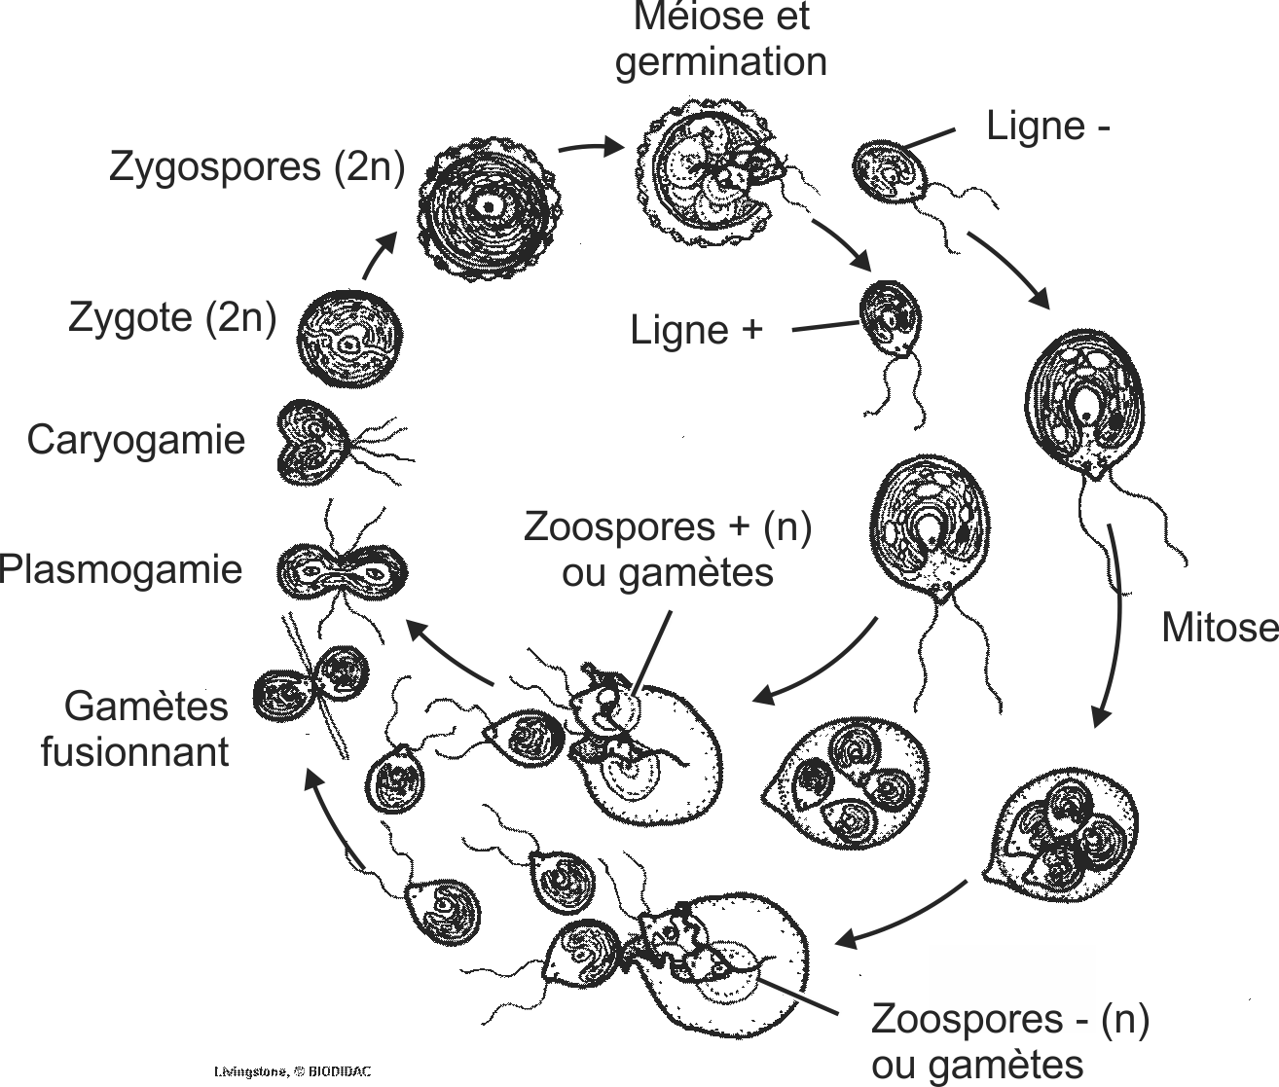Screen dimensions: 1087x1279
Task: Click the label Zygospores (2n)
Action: point(256,166)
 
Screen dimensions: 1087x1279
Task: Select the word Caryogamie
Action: point(136,440)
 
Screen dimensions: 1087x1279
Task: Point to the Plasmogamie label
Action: point(121,568)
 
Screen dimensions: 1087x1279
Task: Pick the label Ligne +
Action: point(696,331)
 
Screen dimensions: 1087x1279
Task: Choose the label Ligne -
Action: point(1047,126)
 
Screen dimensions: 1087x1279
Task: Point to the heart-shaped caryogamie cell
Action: point(312,443)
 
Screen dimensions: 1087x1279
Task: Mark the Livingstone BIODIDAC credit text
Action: point(293,1071)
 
